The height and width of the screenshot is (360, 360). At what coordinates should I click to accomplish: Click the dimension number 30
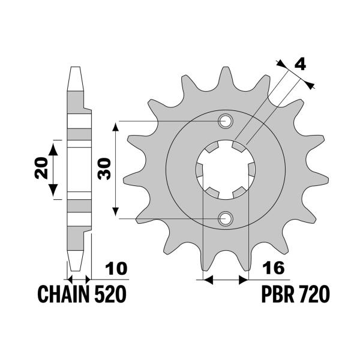click(x=103, y=170)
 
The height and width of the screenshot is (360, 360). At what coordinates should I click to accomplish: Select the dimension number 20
click(x=41, y=170)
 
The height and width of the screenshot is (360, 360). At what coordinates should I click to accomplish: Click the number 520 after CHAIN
click(x=110, y=295)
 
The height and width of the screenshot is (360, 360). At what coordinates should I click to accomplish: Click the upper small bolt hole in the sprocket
click(x=226, y=122)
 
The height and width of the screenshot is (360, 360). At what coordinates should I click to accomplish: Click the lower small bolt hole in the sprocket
click(x=226, y=218)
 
